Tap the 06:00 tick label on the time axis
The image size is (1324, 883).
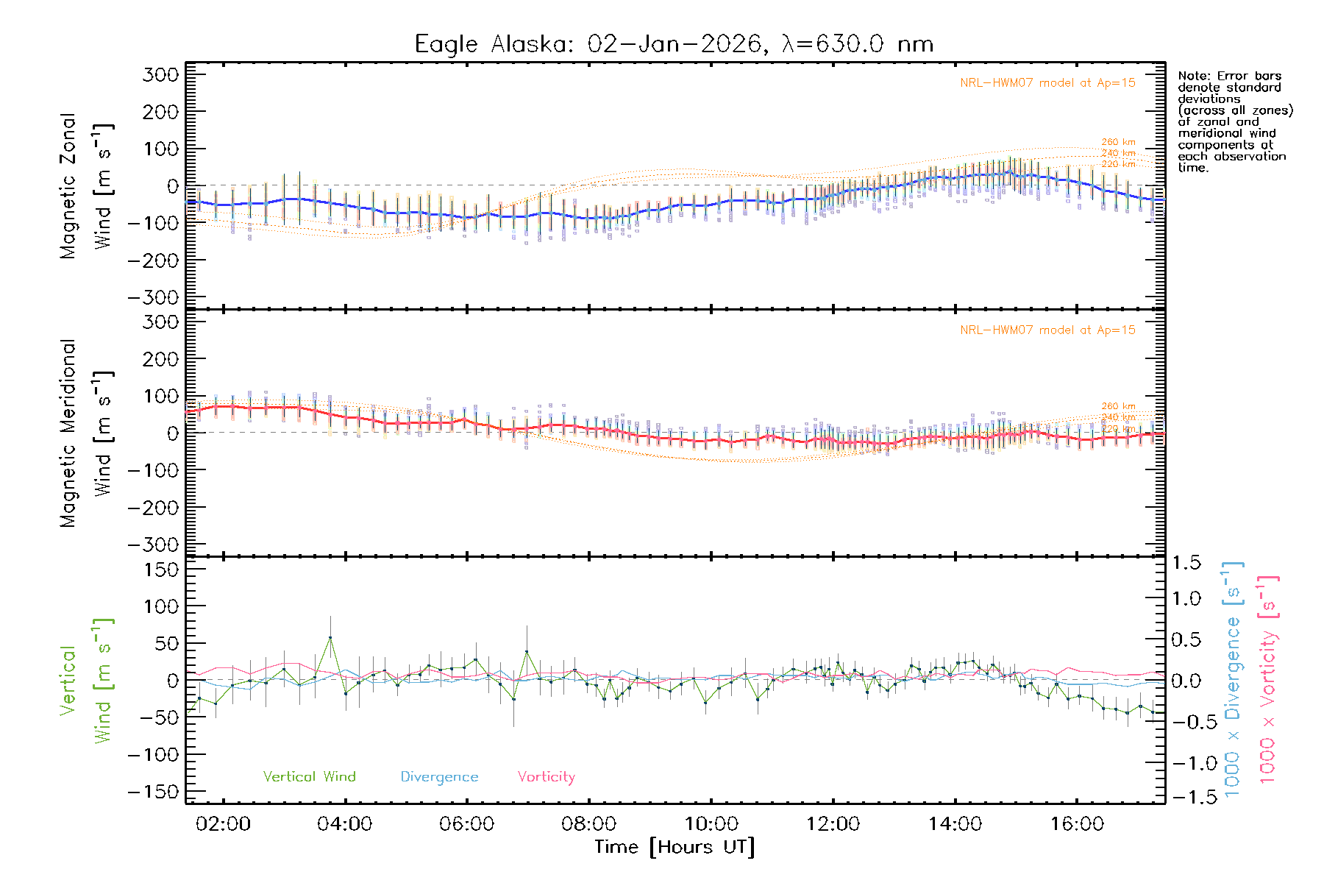(x=467, y=824)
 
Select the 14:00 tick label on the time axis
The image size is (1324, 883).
(x=955, y=824)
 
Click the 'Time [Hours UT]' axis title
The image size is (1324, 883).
(x=675, y=847)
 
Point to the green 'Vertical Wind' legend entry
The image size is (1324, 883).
(x=309, y=777)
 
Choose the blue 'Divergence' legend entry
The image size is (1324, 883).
(x=439, y=777)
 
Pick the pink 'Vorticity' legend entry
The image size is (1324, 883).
(x=546, y=777)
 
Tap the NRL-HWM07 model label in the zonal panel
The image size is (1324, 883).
(x=1047, y=83)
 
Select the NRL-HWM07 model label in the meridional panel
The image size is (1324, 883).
(x=1047, y=330)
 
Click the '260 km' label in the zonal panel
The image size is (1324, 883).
(x=1118, y=142)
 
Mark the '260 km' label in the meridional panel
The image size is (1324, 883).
(x=1118, y=406)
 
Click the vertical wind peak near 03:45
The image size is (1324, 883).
(x=330, y=637)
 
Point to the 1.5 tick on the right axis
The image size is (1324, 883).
(x=1186, y=563)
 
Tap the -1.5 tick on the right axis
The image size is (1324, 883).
(x=1186, y=797)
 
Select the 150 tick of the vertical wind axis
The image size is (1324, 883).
(x=162, y=570)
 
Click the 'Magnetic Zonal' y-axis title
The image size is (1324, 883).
(x=68, y=186)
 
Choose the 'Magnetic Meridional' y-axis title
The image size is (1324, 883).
(x=68, y=433)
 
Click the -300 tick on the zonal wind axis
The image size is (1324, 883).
(x=153, y=298)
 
